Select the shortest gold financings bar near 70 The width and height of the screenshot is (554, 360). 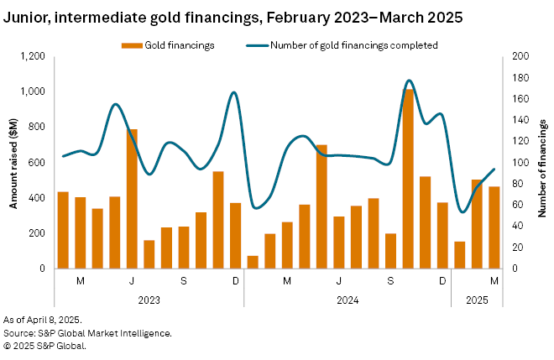tap(253, 262)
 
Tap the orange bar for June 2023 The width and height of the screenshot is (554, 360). tap(132, 198)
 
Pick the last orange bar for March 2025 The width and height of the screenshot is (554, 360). tap(494, 227)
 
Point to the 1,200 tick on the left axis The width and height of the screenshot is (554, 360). tap(31, 56)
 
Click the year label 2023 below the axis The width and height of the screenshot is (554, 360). tap(149, 299)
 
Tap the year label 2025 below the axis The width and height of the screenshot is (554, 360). tap(477, 299)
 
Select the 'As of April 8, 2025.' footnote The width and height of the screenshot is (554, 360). tap(43, 321)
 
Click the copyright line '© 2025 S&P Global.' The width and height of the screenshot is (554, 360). tap(44, 344)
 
